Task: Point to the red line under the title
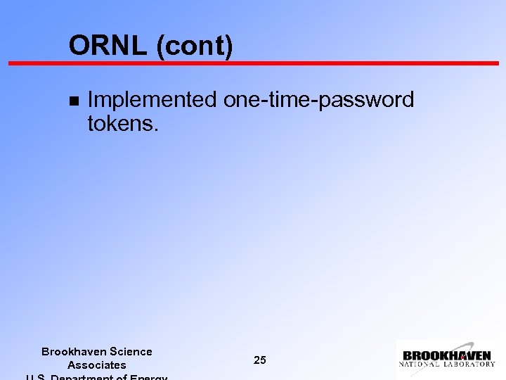[x=253, y=63]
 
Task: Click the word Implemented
[x=152, y=101]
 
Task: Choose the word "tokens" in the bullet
[x=117, y=124]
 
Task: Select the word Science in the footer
[x=131, y=351]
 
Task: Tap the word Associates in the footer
[x=97, y=365]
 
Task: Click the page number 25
[x=260, y=360]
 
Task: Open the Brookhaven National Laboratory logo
[x=448, y=359]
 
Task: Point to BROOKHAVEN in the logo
[x=447, y=356]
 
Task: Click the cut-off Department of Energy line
[x=97, y=376]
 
